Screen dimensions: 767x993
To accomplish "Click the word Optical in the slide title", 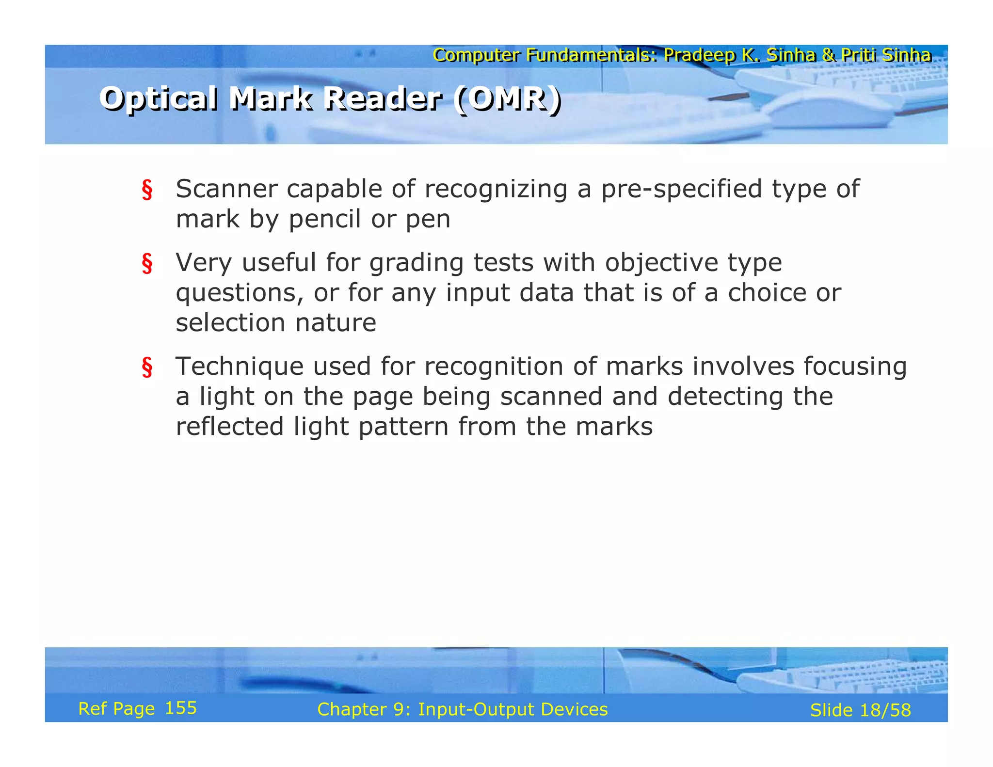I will coord(159,98).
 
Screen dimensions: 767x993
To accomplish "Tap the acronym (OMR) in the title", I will coord(508,98).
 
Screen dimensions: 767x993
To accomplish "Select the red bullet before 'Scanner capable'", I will coord(147,190).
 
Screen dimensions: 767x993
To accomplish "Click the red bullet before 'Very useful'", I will coord(147,264).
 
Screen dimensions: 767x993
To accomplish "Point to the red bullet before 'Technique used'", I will coord(147,368).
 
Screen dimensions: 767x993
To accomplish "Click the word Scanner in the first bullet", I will coord(226,189).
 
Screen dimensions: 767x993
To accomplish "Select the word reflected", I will coord(229,427).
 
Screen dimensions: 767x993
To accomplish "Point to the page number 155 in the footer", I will coord(181,708).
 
